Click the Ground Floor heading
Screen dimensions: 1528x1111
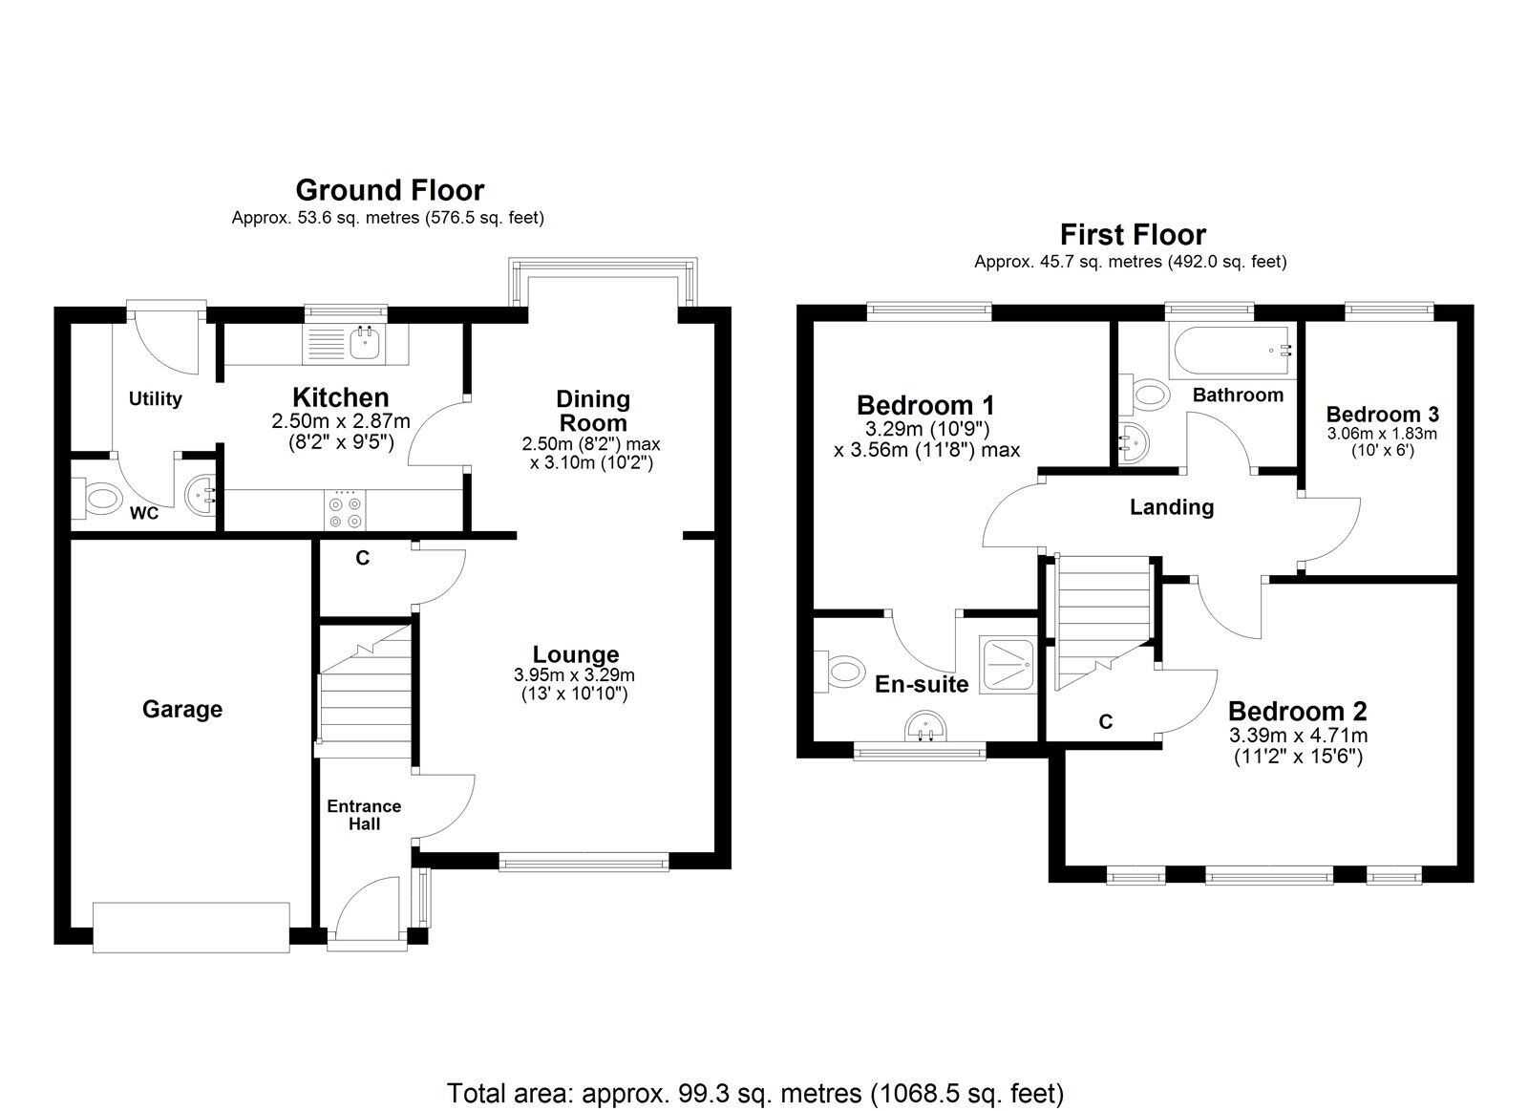coord(390,190)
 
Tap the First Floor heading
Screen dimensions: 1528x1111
coord(1133,235)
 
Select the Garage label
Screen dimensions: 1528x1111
coord(182,710)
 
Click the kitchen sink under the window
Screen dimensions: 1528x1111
coord(368,342)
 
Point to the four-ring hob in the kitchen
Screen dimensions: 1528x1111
coord(345,510)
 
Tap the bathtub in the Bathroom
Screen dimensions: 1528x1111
coord(1232,351)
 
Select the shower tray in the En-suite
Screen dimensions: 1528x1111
coord(1008,666)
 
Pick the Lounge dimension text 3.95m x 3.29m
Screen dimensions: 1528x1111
coord(574,675)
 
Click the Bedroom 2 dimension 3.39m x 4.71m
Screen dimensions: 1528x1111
coord(1298,736)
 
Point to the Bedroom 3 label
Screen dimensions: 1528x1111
coord(1383,415)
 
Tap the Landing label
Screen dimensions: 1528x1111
coord(1172,507)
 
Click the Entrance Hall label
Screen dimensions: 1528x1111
coord(364,815)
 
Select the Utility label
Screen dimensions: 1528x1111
coord(156,399)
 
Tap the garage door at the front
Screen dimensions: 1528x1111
coord(191,928)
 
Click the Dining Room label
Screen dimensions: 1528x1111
coord(592,411)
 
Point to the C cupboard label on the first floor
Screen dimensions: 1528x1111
coord(1106,721)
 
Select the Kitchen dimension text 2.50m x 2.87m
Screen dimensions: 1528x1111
coord(341,421)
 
